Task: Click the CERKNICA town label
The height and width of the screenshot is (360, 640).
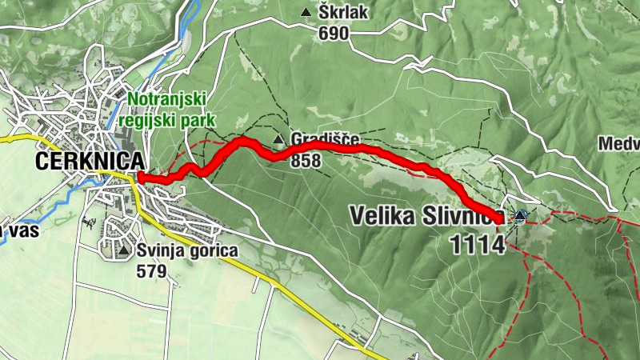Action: click(90, 161)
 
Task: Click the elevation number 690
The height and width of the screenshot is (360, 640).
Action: click(334, 33)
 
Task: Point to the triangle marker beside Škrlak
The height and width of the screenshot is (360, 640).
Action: click(306, 13)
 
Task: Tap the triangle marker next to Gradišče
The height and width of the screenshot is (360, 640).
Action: click(278, 141)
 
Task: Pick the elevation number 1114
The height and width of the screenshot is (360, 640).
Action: click(478, 246)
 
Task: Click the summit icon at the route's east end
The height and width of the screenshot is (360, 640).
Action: click(521, 215)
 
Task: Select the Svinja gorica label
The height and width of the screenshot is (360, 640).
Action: click(186, 251)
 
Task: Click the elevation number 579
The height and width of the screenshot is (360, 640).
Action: click(151, 271)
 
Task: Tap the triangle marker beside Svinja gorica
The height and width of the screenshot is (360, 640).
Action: click(123, 251)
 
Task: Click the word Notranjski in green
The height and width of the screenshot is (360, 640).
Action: click(167, 99)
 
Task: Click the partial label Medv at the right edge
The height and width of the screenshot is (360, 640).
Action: click(621, 144)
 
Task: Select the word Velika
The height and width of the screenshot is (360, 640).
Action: click(381, 215)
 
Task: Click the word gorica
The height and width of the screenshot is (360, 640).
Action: click(210, 251)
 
